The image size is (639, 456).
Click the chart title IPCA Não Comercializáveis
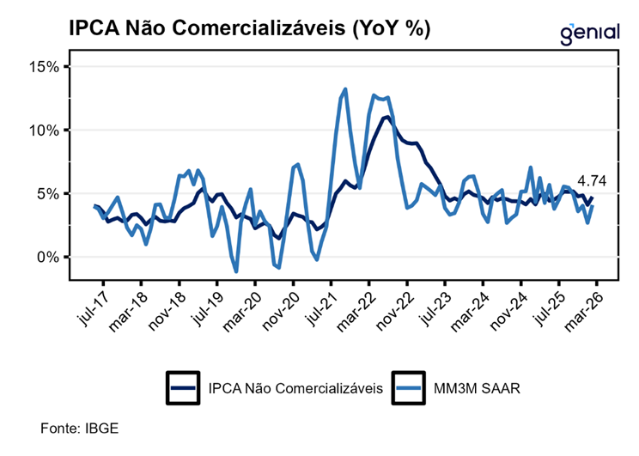pyautogui.click(x=249, y=28)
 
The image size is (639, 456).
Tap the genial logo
pyautogui.click(x=589, y=33)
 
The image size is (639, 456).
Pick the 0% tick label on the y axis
pyautogui.click(x=49, y=258)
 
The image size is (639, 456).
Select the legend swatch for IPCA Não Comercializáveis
pyautogui.click(x=184, y=387)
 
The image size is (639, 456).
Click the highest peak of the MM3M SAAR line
pyautogui.click(x=344, y=88)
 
